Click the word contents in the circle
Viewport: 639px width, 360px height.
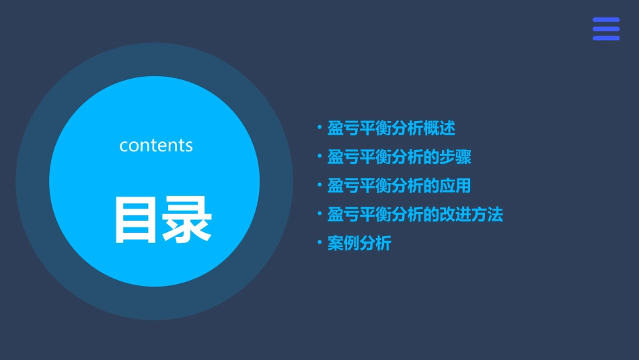(x=156, y=145)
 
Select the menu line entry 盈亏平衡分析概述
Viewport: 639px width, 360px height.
(x=391, y=128)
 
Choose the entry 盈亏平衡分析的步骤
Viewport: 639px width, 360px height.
(x=399, y=157)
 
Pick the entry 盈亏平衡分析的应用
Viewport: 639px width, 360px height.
(x=399, y=186)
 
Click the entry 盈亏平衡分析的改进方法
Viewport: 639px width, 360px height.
(x=415, y=215)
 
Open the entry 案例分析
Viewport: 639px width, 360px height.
(x=359, y=244)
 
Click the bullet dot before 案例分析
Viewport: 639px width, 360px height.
(x=320, y=244)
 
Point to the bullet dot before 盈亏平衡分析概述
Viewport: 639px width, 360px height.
(x=320, y=128)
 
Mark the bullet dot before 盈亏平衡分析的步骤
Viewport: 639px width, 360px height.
(x=320, y=157)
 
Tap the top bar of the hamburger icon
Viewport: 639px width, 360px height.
(x=606, y=20)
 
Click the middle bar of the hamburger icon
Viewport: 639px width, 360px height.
(x=606, y=29)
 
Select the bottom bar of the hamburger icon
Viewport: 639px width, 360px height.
(x=606, y=38)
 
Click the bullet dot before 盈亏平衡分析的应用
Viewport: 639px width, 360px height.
(x=320, y=186)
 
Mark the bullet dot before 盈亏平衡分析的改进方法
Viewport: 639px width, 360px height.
(x=320, y=215)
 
